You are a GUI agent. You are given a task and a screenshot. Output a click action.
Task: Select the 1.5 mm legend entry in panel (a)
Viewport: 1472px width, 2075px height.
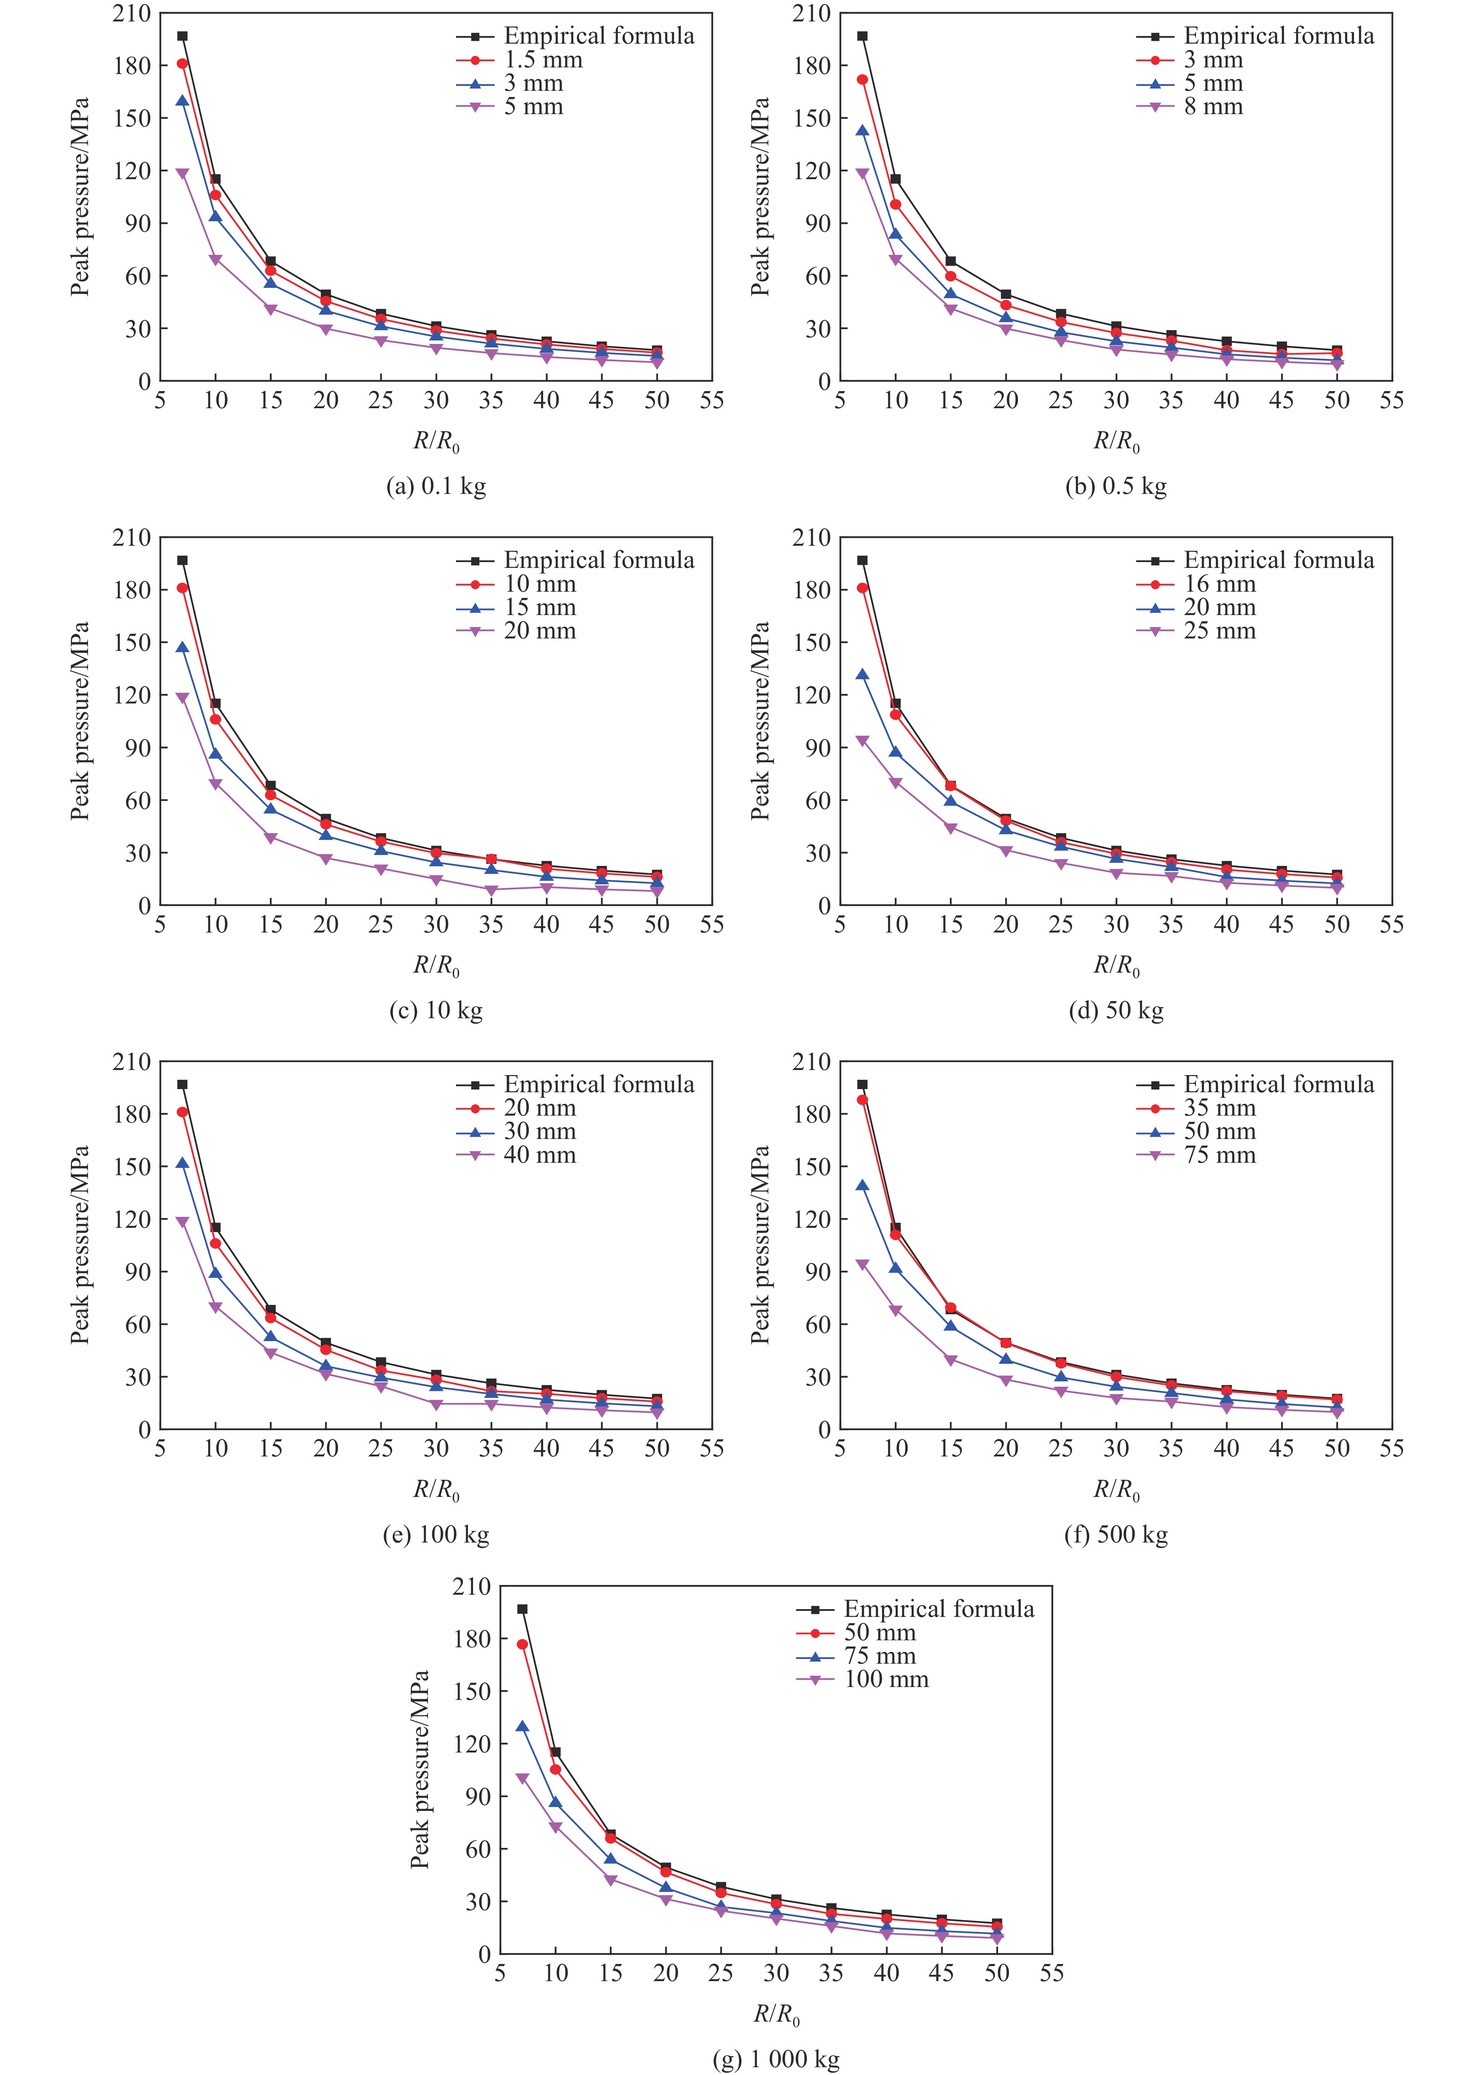click(542, 60)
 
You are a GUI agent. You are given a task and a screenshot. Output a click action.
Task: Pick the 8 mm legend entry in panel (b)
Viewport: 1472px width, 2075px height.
click(1213, 107)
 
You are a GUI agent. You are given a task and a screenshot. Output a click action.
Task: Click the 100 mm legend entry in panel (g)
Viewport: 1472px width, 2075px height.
click(886, 1680)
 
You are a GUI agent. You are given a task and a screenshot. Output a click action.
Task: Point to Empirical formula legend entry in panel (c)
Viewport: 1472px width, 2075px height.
click(598, 560)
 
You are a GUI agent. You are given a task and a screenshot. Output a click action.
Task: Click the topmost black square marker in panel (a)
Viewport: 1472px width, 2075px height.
click(182, 36)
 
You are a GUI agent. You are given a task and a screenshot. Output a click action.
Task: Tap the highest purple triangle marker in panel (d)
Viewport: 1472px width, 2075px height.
click(862, 742)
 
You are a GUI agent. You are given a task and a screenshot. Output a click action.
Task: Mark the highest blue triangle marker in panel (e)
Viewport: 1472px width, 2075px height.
click(182, 1163)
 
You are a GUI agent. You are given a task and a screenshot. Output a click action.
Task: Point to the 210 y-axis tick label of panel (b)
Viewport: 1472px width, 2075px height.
click(811, 14)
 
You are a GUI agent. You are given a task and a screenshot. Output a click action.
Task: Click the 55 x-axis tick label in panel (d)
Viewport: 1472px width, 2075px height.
click(1391, 925)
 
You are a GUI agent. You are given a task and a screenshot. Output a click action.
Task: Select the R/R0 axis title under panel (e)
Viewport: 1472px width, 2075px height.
click(436, 1490)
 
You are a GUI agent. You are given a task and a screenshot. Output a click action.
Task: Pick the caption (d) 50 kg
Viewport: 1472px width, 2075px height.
click(1116, 1011)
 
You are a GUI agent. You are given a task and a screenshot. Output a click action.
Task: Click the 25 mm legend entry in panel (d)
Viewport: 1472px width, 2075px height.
click(1219, 631)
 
